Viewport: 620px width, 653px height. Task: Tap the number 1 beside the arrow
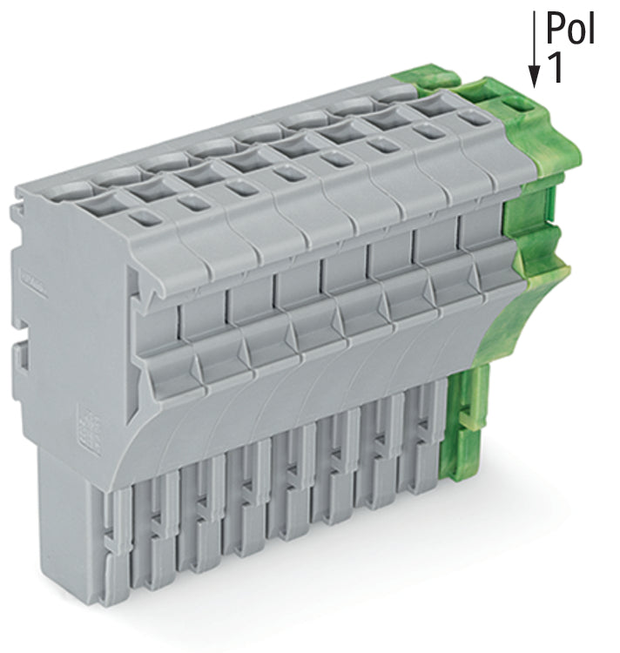tap(555, 67)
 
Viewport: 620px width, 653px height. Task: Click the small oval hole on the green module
tap(517, 104)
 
